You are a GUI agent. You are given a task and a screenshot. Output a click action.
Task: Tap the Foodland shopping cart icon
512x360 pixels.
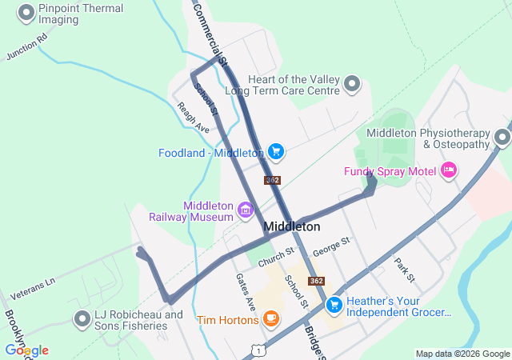pos(276,151)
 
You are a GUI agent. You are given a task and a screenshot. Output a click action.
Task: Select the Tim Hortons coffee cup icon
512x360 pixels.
pos(271,319)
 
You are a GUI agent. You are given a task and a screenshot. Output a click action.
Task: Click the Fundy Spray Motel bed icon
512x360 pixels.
pos(448,170)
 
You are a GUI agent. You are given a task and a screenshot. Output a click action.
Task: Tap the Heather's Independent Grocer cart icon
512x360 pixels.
pos(334,304)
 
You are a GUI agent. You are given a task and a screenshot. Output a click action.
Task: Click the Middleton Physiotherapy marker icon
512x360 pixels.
pos(502,137)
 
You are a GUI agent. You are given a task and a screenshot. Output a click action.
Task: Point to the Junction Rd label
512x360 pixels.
pos(27,47)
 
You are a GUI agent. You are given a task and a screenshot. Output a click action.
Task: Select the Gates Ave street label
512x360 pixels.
pos(245,292)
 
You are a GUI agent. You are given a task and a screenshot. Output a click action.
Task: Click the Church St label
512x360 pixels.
pos(276,254)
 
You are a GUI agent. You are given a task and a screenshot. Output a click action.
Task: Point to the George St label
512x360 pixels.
pos(331,246)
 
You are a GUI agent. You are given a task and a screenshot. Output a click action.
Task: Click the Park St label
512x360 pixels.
pos(404,270)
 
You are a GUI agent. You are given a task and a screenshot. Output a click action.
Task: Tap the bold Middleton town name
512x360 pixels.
pos(291,226)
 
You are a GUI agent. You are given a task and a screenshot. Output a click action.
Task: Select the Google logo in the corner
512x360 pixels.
pos(26,350)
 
